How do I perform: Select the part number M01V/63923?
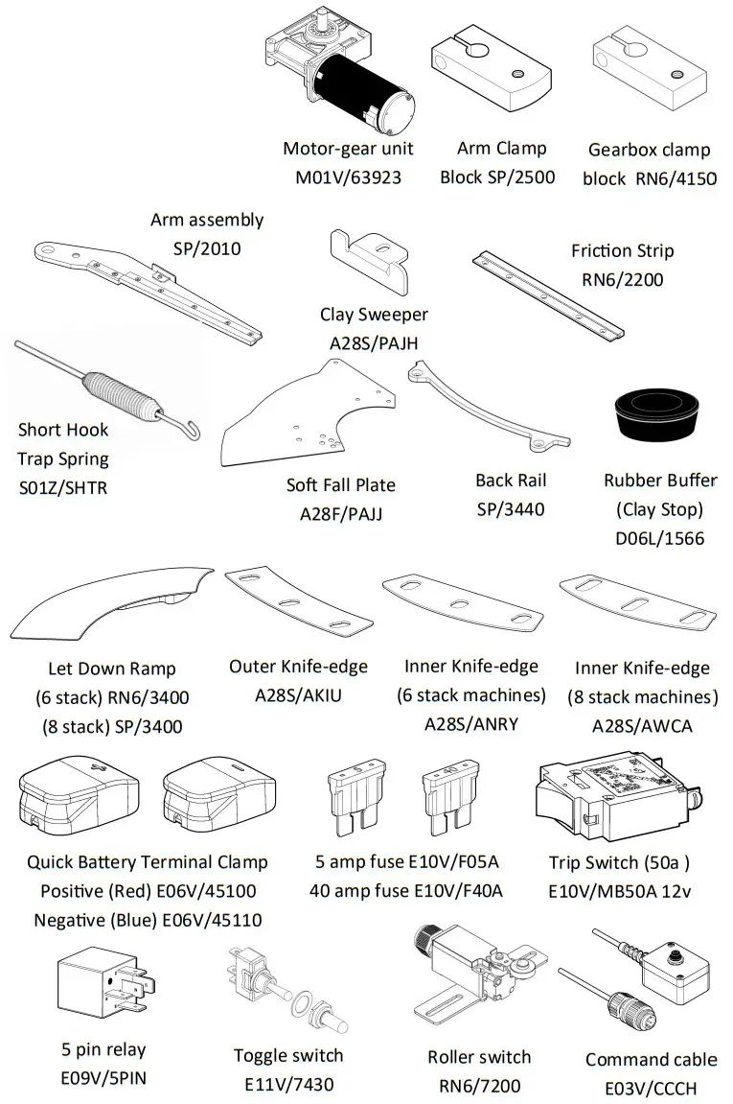point(348,177)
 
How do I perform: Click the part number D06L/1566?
point(659,539)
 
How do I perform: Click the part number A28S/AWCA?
point(641,726)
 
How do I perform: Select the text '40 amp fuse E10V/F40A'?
point(405,891)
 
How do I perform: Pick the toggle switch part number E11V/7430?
point(288,1086)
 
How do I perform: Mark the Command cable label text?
point(651,1060)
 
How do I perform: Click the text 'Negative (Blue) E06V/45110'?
point(148,921)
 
